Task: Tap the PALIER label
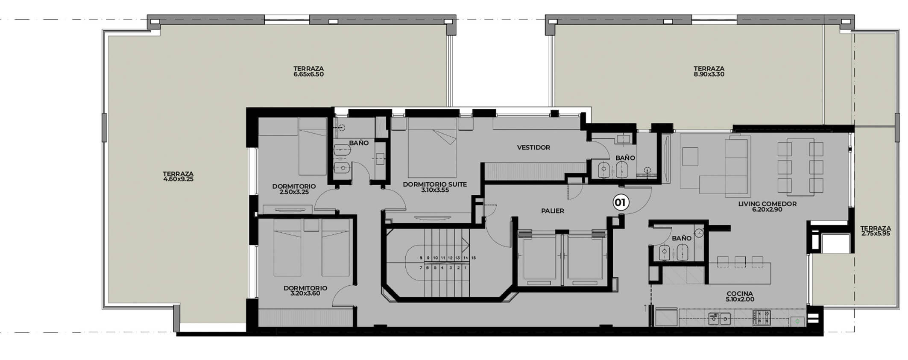click(x=552, y=211)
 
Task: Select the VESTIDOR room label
click(x=533, y=148)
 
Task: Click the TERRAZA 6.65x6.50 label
click(x=308, y=71)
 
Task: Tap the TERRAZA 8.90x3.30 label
click(x=709, y=71)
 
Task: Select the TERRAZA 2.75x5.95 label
click(x=876, y=231)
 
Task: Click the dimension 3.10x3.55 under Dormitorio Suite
click(x=435, y=190)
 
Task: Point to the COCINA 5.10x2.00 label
click(x=739, y=297)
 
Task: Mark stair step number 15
click(x=473, y=258)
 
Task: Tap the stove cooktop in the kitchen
click(x=762, y=317)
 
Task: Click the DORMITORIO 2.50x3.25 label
click(x=294, y=189)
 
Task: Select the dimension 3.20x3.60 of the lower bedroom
click(x=305, y=294)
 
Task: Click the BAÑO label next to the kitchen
click(x=682, y=238)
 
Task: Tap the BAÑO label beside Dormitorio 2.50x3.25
click(x=359, y=143)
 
